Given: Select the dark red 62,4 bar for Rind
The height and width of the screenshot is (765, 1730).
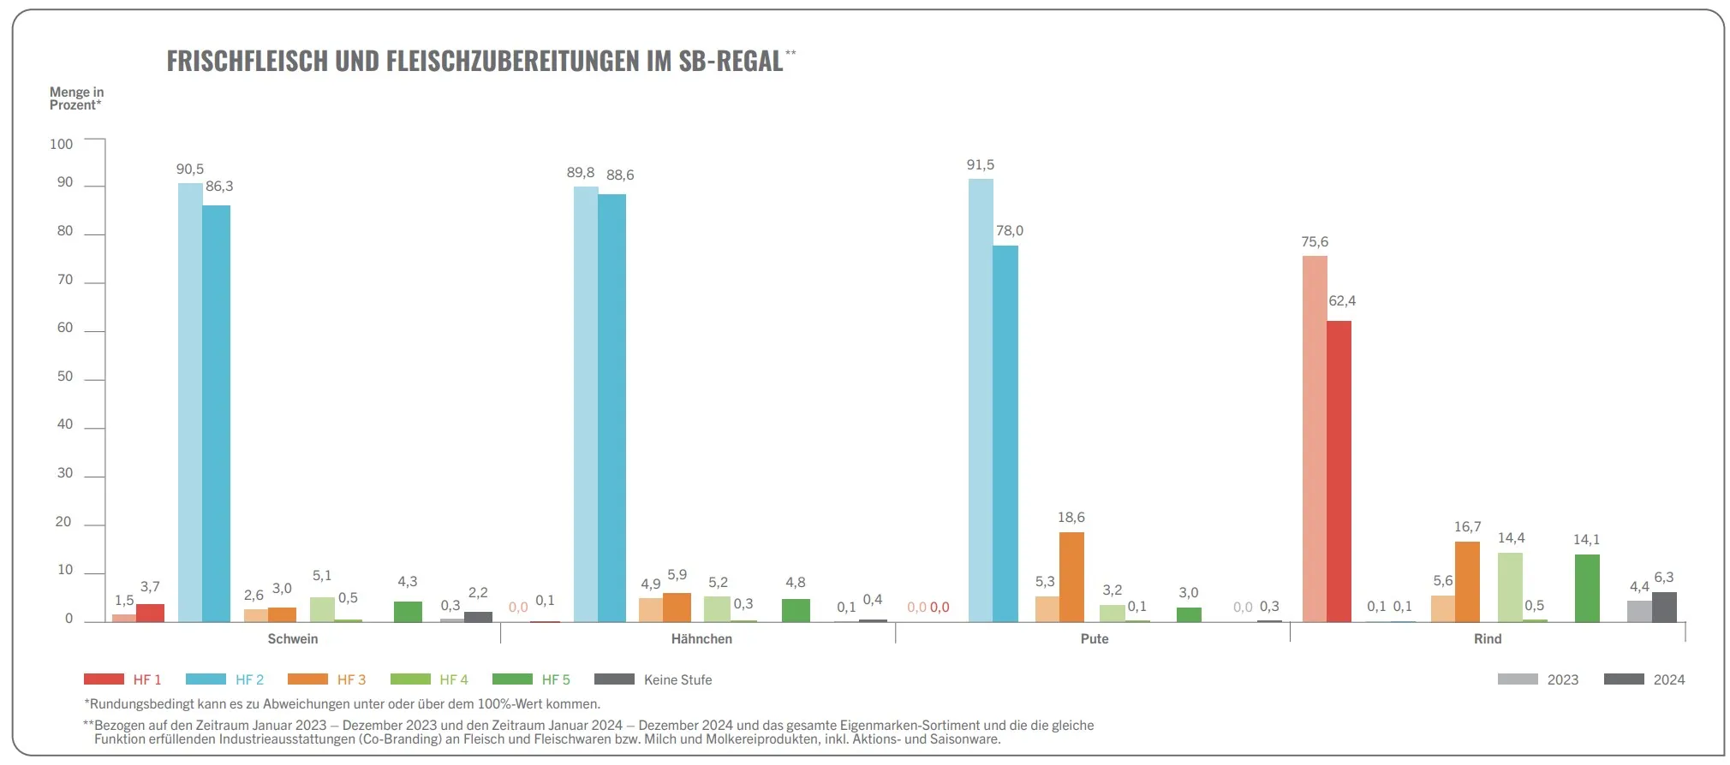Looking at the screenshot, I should (1339, 471).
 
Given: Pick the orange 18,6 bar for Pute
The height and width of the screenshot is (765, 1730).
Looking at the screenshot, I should (1071, 577).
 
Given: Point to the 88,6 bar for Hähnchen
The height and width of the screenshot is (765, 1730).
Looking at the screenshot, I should (611, 407).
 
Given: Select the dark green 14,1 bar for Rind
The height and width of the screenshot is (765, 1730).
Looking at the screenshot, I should (1587, 588).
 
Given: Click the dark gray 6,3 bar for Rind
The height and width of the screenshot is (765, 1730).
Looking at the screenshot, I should (1664, 607).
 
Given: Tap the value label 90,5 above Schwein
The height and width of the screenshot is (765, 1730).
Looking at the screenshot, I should (190, 169).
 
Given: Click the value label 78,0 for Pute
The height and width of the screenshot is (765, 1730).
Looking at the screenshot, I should (1010, 231).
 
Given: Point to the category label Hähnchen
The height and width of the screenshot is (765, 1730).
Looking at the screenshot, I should (701, 639).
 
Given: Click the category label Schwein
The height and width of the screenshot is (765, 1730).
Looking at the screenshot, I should (293, 639).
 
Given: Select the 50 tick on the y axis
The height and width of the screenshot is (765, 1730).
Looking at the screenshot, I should (65, 377).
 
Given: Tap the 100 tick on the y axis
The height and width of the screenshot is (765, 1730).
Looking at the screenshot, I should (62, 144).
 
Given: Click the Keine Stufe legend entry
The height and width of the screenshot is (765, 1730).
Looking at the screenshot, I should (677, 679).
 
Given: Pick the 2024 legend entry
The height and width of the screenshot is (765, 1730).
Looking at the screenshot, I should (1668, 679).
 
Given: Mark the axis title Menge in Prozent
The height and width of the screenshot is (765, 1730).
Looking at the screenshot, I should (76, 98).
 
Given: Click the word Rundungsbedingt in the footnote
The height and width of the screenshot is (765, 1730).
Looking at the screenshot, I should (140, 704).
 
